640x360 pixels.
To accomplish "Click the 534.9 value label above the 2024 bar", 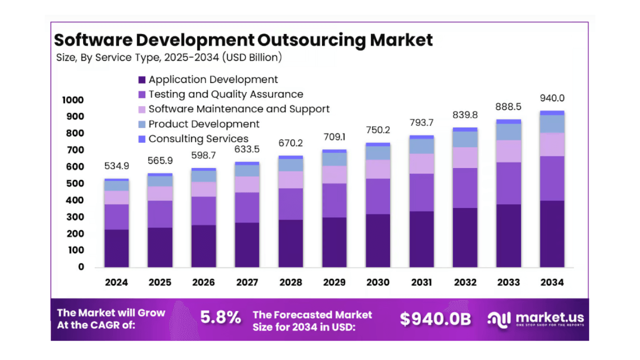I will click(116, 165).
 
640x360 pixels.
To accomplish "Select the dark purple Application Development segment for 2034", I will click(552, 233).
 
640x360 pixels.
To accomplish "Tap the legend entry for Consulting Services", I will click(198, 138).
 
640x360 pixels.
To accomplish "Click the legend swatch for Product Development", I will click(141, 124).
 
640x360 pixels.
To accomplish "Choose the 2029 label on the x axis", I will click(334, 282).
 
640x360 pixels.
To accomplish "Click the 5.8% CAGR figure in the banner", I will click(220, 317).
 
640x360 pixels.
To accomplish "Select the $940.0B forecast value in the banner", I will click(435, 319).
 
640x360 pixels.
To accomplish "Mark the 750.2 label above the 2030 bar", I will click(377, 129).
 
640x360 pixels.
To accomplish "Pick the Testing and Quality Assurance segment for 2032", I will click(465, 187).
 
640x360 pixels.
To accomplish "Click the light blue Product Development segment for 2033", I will click(508, 131).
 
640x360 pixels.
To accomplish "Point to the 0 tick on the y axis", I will click(81, 267).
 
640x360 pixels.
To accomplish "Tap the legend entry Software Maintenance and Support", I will click(238, 109).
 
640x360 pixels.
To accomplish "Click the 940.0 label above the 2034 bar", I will click(552, 98).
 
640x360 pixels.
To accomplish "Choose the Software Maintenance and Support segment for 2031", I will click(421, 163).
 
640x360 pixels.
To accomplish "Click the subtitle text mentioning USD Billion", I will click(169, 57).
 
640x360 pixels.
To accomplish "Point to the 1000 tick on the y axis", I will click(72, 100).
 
